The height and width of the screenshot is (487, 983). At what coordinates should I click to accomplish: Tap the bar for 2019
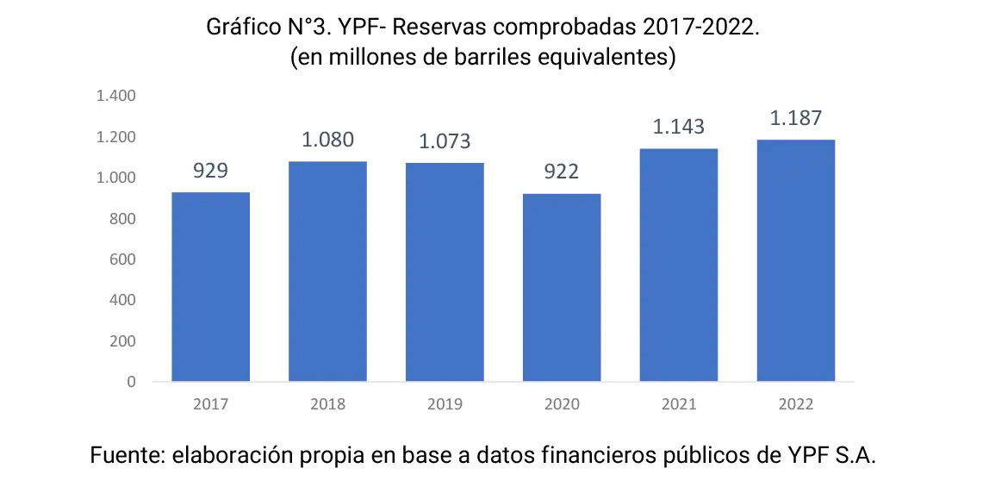pos(445,272)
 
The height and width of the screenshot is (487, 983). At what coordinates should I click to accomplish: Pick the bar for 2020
pos(562,287)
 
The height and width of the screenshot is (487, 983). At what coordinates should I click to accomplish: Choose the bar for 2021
pos(678,265)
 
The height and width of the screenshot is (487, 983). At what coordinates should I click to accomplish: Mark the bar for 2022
pos(795,260)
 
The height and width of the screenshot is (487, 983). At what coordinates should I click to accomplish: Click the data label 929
pos(210,170)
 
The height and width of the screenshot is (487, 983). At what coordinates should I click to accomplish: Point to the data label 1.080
pos(327,140)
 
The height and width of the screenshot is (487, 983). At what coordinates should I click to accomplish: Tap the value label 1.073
pos(445,141)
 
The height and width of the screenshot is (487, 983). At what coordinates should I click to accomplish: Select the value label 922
pos(562,172)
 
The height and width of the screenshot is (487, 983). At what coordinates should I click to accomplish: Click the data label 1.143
pos(678,127)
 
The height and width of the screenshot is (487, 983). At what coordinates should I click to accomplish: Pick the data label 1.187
pos(795,118)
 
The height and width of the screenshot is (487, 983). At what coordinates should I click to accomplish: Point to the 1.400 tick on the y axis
pos(117,97)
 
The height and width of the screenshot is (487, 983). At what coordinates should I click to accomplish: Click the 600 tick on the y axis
pos(124,259)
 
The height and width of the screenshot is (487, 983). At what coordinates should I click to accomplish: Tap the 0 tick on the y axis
pos(132,382)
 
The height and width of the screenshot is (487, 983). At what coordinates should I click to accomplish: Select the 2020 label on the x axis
pos(562,404)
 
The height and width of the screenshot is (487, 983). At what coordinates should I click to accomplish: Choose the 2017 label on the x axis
pos(210,404)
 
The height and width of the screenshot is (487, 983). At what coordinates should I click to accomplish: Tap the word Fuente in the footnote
pos(124,456)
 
